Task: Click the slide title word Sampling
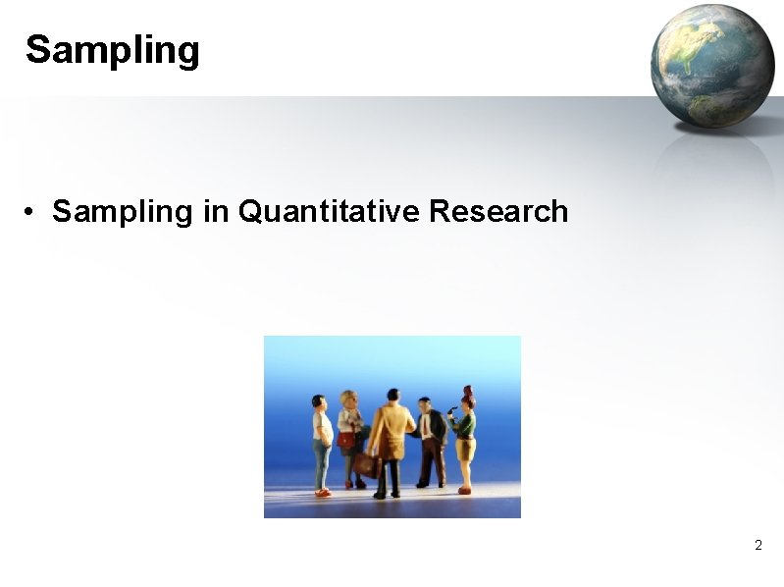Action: [112, 50]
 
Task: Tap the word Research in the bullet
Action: [498, 211]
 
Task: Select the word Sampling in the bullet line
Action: [123, 211]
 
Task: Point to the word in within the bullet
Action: [215, 211]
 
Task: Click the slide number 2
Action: [758, 545]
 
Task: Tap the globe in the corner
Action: [711, 65]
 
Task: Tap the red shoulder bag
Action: [345, 441]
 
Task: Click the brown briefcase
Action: [367, 464]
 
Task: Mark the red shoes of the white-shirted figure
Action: [322, 492]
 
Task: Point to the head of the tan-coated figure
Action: [393, 397]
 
